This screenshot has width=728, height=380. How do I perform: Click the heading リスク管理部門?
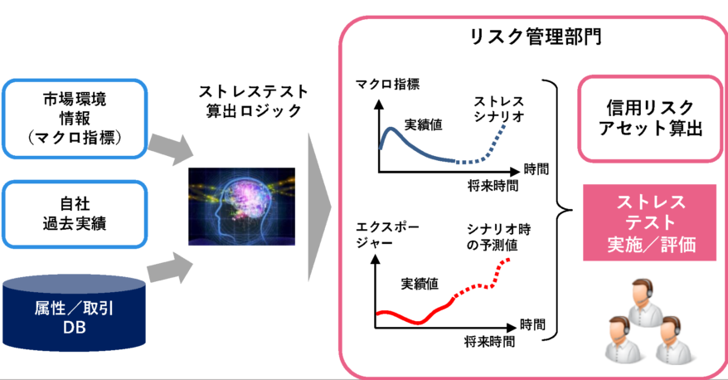click(x=536, y=37)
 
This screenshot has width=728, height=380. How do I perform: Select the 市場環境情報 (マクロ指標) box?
click(x=75, y=119)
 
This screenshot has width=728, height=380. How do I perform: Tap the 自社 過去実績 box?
click(x=75, y=214)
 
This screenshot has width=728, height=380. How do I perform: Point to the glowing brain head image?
click(x=241, y=207)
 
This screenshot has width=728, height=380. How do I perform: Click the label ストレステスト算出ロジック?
click(x=254, y=100)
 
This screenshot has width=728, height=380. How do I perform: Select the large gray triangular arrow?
click(x=319, y=207)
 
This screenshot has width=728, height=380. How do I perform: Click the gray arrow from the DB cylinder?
click(x=170, y=268)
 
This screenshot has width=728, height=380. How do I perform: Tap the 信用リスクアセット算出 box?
click(x=650, y=119)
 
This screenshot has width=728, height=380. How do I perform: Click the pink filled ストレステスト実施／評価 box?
click(x=650, y=223)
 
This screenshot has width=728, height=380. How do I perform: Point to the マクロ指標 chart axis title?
click(x=388, y=84)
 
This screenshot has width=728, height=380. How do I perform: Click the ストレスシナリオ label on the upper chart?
click(x=499, y=109)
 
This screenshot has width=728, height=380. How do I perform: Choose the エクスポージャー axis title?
click(x=387, y=235)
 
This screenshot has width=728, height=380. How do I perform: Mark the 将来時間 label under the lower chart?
click(x=489, y=342)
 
